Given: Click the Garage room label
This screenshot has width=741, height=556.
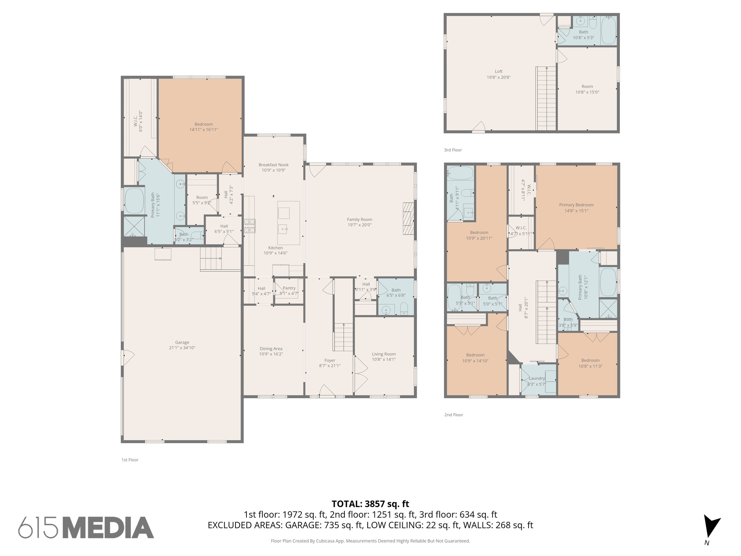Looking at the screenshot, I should click(x=182, y=342).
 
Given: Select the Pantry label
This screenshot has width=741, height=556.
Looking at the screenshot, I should click(x=289, y=288).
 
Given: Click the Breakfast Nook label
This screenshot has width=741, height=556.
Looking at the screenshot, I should click(x=274, y=165).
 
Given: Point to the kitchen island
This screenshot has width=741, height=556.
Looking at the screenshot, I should click(x=288, y=223).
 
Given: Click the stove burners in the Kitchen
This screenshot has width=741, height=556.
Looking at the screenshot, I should click(x=249, y=226).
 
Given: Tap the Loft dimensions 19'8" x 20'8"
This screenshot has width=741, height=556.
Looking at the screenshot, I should click(x=499, y=77).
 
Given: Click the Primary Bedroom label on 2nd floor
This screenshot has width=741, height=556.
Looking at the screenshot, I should click(x=576, y=205).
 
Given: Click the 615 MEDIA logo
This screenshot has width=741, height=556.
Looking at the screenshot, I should click(x=86, y=527).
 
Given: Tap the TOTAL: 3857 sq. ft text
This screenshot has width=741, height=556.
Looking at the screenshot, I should click(x=370, y=504).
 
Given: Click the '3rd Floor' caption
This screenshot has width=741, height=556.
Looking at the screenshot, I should click(x=453, y=150).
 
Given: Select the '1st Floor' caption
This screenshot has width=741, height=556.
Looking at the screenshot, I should click(x=130, y=460).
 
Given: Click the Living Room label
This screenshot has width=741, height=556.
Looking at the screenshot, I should click(x=384, y=354).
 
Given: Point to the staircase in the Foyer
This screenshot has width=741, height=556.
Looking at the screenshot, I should click(x=343, y=337).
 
